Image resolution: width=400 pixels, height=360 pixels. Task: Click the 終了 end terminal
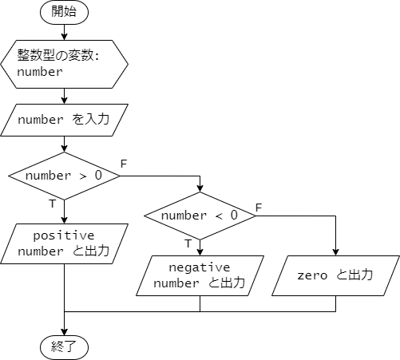coord(64,347)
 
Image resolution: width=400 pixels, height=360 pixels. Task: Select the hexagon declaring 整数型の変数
coord(64,64)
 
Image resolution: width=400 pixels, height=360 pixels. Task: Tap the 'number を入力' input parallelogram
coord(64,120)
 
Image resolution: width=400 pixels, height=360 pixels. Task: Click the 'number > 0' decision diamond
coord(64,175)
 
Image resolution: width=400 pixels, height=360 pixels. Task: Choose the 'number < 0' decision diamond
coord(200,216)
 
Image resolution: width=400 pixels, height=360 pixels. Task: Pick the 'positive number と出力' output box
coord(64,243)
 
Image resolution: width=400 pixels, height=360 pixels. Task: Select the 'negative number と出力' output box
coord(200,275)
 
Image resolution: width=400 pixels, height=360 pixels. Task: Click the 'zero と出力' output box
coord(335,275)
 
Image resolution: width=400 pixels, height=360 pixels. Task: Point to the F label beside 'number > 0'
coord(123,164)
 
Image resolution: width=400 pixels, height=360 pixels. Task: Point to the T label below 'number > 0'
coord(52,204)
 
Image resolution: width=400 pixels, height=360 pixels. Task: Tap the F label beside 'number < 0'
coord(258,208)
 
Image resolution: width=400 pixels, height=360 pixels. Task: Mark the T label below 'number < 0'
coord(188,243)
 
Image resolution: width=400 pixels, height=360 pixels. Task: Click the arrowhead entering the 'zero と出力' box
coord(335,251)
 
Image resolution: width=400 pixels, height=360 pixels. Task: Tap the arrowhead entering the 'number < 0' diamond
coord(200,188)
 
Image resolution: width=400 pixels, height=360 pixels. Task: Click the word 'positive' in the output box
coord(64,235)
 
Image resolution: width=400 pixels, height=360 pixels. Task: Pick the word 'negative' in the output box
coord(200,267)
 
